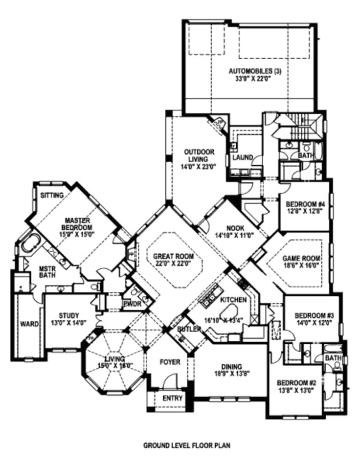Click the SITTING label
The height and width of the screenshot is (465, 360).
coord(52,195)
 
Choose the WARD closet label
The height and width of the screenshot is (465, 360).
coord(26,324)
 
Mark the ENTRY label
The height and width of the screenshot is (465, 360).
coord(172,399)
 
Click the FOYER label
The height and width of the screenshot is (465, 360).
coord(170,362)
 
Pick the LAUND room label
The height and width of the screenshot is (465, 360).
coord(243,157)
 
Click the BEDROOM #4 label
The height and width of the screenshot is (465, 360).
coord(302,203)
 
